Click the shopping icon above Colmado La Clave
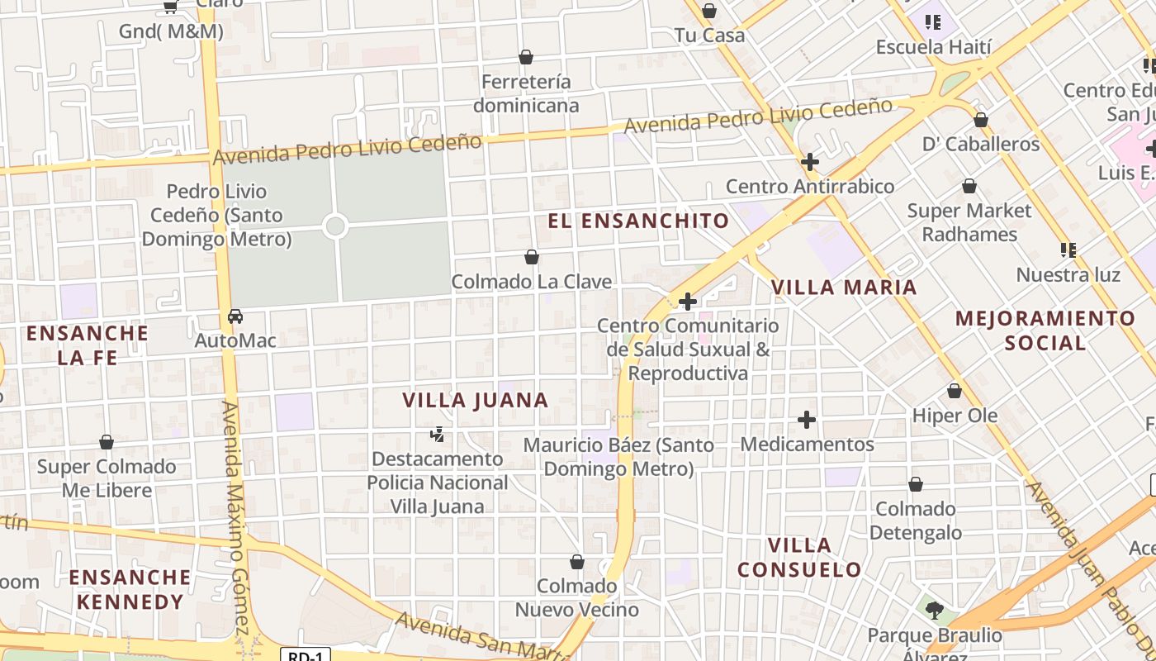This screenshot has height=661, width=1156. click(x=532, y=257)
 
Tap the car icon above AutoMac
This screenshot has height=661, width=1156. click(x=235, y=316)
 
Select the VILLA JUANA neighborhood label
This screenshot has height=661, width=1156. click(x=476, y=401)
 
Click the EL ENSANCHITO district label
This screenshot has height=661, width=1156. click(x=639, y=221)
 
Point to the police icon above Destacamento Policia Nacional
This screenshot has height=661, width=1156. click(x=438, y=434)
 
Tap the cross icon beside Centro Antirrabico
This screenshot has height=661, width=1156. click(x=810, y=162)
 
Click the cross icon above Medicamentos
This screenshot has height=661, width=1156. click(x=807, y=421)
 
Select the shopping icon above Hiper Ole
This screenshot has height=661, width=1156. click(x=955, y=391)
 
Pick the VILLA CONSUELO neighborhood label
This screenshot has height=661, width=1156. click(x=799, y=558)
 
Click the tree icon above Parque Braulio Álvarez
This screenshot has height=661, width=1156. click(x=934, y=611)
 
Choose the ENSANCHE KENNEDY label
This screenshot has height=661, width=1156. click(x=130, y=589)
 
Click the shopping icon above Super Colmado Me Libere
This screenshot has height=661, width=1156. click(x=107, y=442)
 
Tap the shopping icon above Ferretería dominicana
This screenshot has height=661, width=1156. click(x=526, y=57)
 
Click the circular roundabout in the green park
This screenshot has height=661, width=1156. click(x=334, y=226)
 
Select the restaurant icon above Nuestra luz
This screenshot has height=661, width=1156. click(x=1068, y=250)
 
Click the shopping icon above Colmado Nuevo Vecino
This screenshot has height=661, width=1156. click(x=577, y=562)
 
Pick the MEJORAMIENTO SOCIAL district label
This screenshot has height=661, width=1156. click(x=1045, y=330)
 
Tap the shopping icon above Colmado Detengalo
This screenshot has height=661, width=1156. click(x=916, y=484)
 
